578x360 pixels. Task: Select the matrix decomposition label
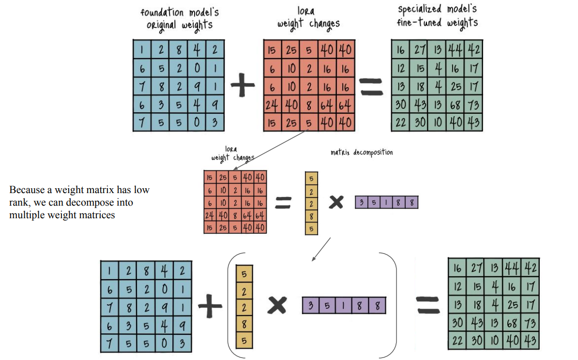(x=362, y=152)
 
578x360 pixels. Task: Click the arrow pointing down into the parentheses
(x=321, y=249)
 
